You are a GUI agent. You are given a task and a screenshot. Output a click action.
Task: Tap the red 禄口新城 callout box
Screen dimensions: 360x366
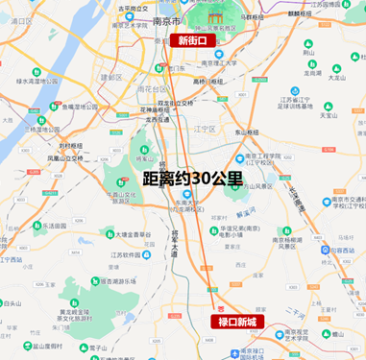point(235,321)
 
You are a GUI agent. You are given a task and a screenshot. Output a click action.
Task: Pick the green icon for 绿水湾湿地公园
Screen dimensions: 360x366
point(36,72)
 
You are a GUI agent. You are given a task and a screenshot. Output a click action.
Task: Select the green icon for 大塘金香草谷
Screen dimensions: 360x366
point(108,233)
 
